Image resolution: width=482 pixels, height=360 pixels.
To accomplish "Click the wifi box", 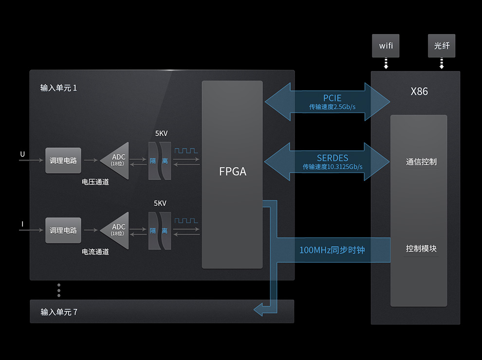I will tap(386, 46).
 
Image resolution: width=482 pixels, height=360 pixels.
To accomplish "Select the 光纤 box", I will tap(442, 46).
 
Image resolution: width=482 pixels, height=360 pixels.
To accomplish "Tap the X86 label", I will tap(419, 91).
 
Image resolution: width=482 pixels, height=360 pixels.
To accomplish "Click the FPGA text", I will tap(232, 172).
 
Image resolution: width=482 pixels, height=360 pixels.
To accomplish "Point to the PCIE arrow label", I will tap(332, 98).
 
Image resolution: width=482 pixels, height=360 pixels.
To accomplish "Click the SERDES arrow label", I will tap(333, 158).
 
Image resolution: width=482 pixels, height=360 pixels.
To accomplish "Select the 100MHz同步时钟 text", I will tap(332, 250).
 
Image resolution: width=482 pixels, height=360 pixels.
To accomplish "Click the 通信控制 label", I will tap(421, 162).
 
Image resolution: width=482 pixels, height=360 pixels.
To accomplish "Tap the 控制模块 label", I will tap(421, 249).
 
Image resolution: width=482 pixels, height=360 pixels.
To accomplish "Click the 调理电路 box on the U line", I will tap(63, 161).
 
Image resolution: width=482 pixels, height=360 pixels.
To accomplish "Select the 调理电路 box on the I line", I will tap(63, 231).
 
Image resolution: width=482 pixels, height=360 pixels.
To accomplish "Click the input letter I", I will tap(22, 224).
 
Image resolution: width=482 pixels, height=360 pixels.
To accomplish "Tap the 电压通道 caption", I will tap(95, 182).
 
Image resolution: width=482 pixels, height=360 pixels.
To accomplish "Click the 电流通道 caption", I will tap(95, 252).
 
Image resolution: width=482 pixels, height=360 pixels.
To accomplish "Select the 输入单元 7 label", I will tap(58, 312).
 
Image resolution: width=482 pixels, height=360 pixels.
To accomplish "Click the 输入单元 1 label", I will tap(58, 88).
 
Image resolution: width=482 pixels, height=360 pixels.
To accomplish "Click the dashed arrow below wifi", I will tap(386, 64).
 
